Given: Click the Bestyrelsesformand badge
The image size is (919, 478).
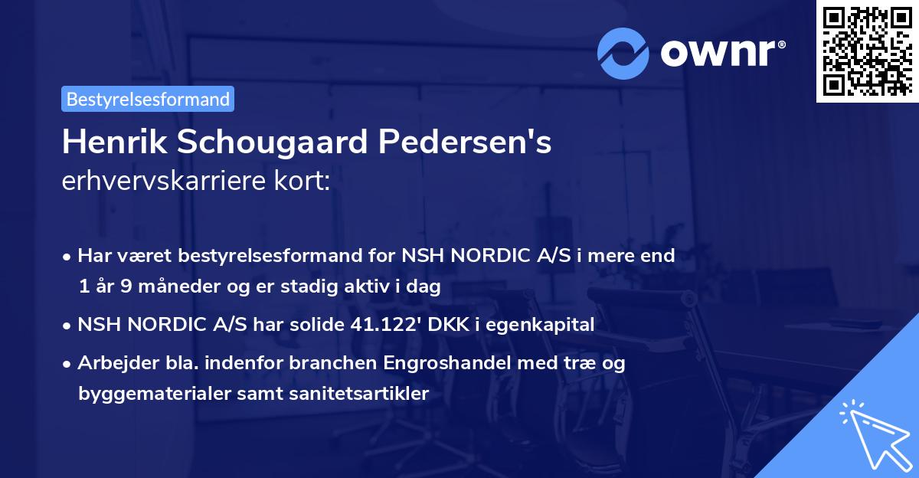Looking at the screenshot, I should click(148, 99).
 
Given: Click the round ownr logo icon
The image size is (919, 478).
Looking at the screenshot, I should click(623, 52).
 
